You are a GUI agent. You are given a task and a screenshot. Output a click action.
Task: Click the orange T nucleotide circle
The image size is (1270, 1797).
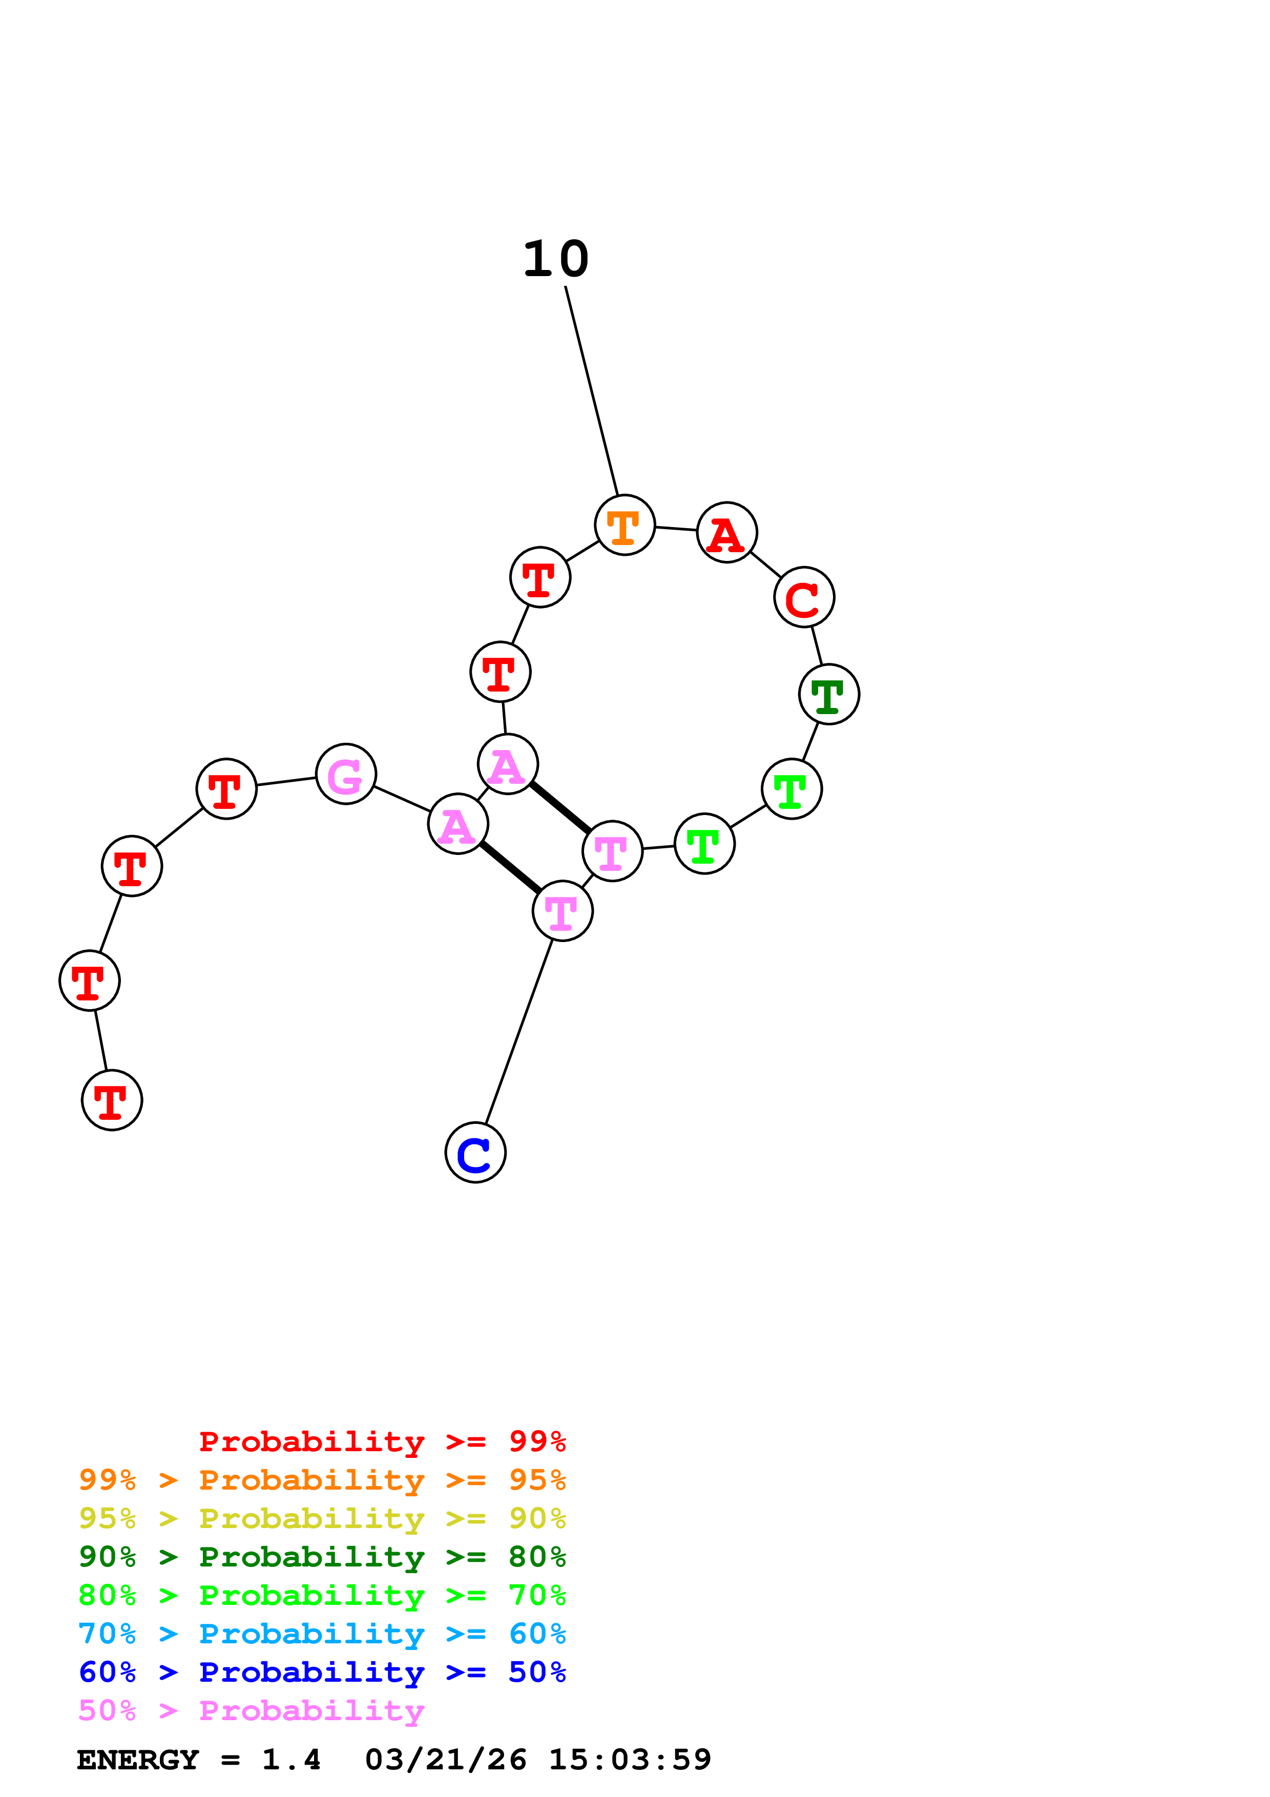pos(624,525)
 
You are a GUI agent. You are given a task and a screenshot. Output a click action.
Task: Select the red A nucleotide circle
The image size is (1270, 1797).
pos(727,532)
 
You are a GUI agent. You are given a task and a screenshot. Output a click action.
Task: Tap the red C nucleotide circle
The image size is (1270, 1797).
pos(804,597)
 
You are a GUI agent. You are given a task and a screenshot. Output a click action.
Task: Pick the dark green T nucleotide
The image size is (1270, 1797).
pos(829,694)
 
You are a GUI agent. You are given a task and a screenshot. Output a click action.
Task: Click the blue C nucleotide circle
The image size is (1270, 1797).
pos(475,1153)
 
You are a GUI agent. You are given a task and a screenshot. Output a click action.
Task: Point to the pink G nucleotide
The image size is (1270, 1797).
pos(346,774)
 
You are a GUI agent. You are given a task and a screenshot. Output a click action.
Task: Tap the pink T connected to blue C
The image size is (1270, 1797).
pos(563,911)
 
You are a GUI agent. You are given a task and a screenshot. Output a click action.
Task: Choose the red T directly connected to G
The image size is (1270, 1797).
pos(226,789)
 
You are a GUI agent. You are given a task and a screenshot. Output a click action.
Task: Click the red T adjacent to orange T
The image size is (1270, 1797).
pos(540,577)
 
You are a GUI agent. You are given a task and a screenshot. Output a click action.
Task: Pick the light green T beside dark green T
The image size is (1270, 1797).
pos(792,789)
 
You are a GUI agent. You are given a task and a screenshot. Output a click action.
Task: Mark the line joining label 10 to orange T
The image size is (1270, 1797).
pos(592,391)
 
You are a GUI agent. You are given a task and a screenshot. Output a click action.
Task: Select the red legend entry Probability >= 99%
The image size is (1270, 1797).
pos(382,1441)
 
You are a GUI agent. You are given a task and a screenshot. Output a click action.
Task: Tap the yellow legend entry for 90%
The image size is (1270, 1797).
pos(322,1518)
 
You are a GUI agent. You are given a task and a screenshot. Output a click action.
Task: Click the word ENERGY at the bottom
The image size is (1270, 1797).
pos(138,1760)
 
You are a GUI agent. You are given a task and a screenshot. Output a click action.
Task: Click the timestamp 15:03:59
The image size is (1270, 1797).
pos(630,1760)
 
